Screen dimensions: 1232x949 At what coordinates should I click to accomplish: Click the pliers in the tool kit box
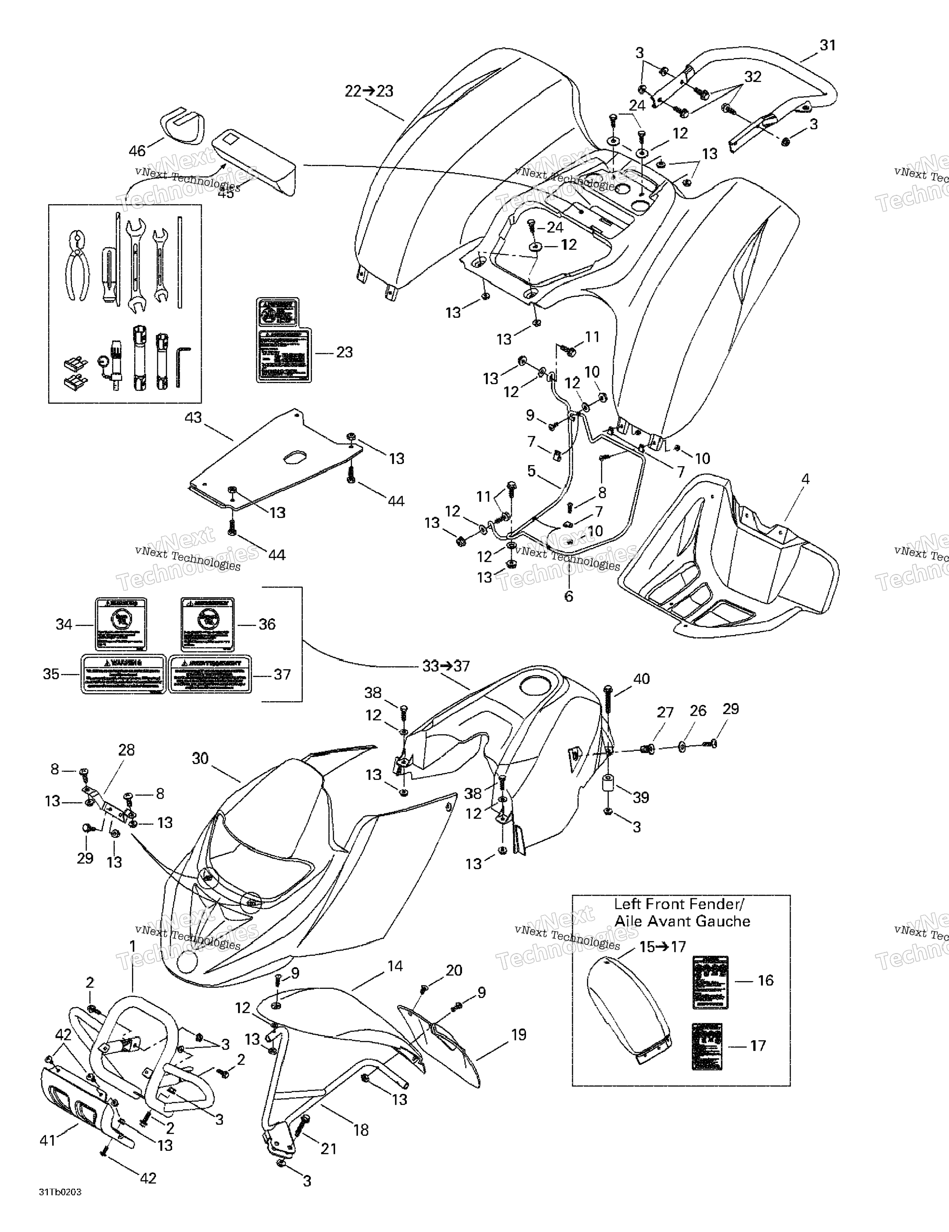[79, 264]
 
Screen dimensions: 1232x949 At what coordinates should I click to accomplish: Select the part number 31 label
[827, 45]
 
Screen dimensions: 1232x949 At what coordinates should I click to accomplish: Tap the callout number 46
[137, 151]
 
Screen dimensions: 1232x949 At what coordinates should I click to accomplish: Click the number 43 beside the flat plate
[193, 418]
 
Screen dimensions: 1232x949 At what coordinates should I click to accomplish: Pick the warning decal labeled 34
[121, 624]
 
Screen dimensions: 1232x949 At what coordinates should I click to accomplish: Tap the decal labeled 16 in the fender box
[710, 982]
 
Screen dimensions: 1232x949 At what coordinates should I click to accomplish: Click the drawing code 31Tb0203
[60, 1208]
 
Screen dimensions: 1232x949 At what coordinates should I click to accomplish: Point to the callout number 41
[48, 1141]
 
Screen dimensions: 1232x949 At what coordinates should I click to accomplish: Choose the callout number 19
[518, 1035]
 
